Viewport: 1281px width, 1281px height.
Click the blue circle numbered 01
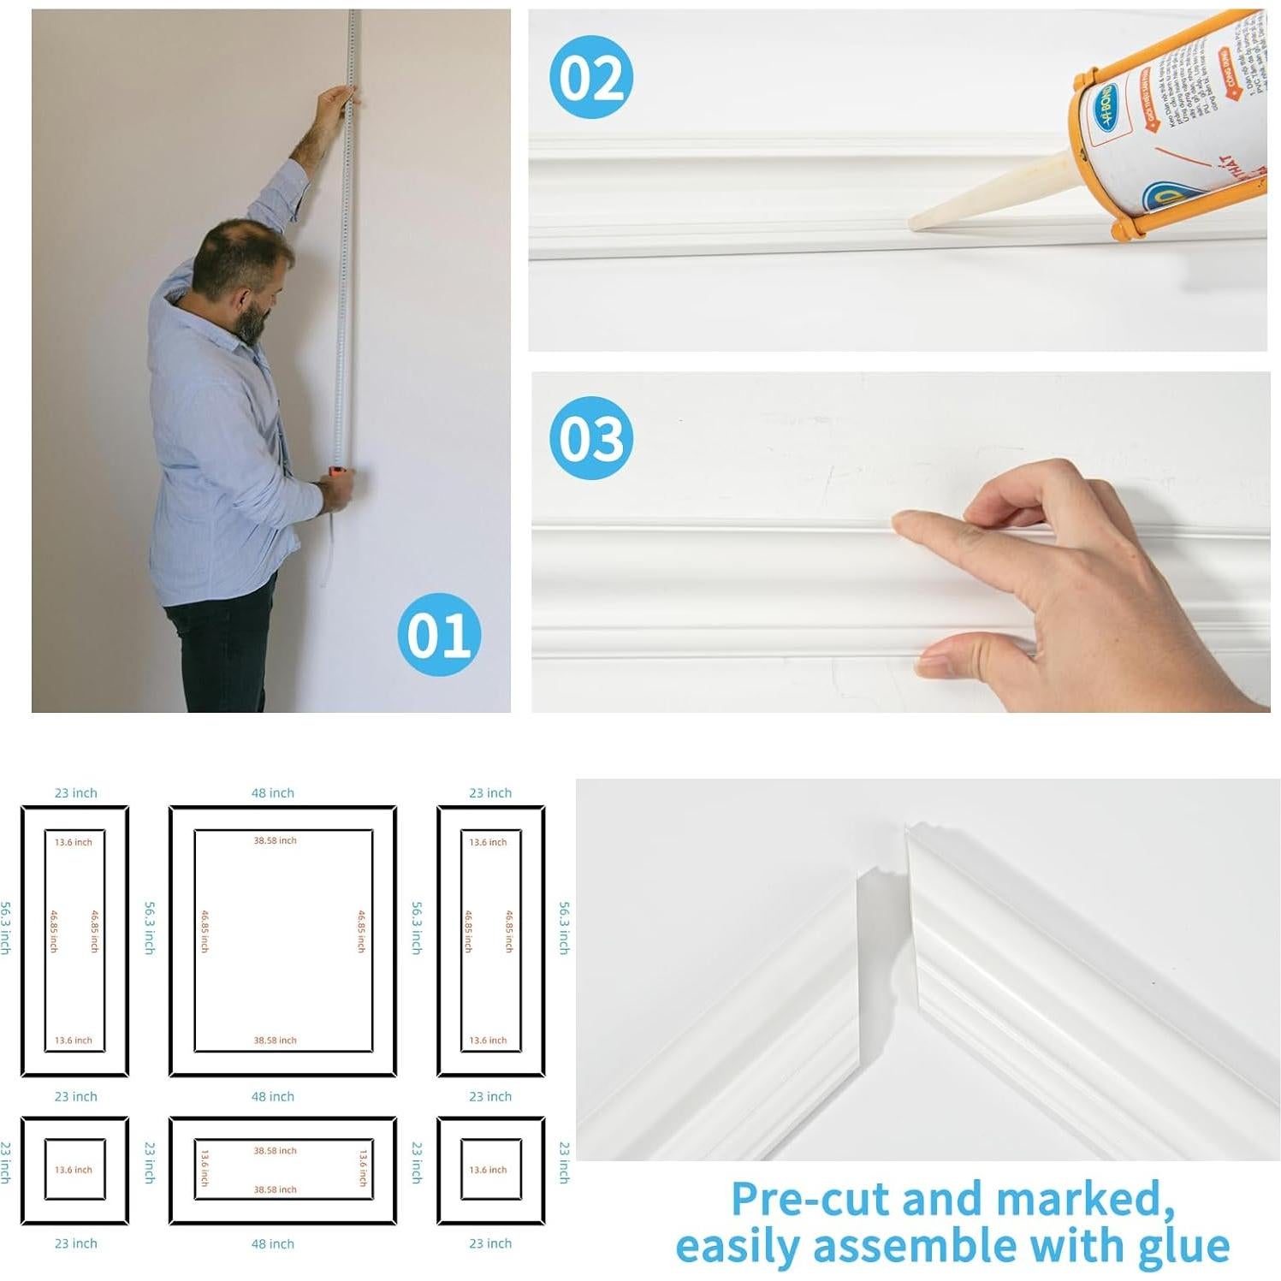(x=439, y=634)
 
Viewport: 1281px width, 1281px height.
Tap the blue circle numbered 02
(x=591, y=77)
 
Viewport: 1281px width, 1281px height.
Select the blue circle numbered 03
(x=591, y=438)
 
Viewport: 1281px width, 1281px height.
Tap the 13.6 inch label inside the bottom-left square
(x=74, y=1170)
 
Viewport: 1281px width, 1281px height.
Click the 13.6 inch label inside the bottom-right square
(x=488, y=1170)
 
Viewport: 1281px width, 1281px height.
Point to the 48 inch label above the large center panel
(x=272, y=793)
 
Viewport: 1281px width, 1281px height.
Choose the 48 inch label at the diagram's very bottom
(x=272, y=1243)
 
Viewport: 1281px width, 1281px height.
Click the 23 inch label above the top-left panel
(x=75, y=793)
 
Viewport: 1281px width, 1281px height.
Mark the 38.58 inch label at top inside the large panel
(x=275, y=841)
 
